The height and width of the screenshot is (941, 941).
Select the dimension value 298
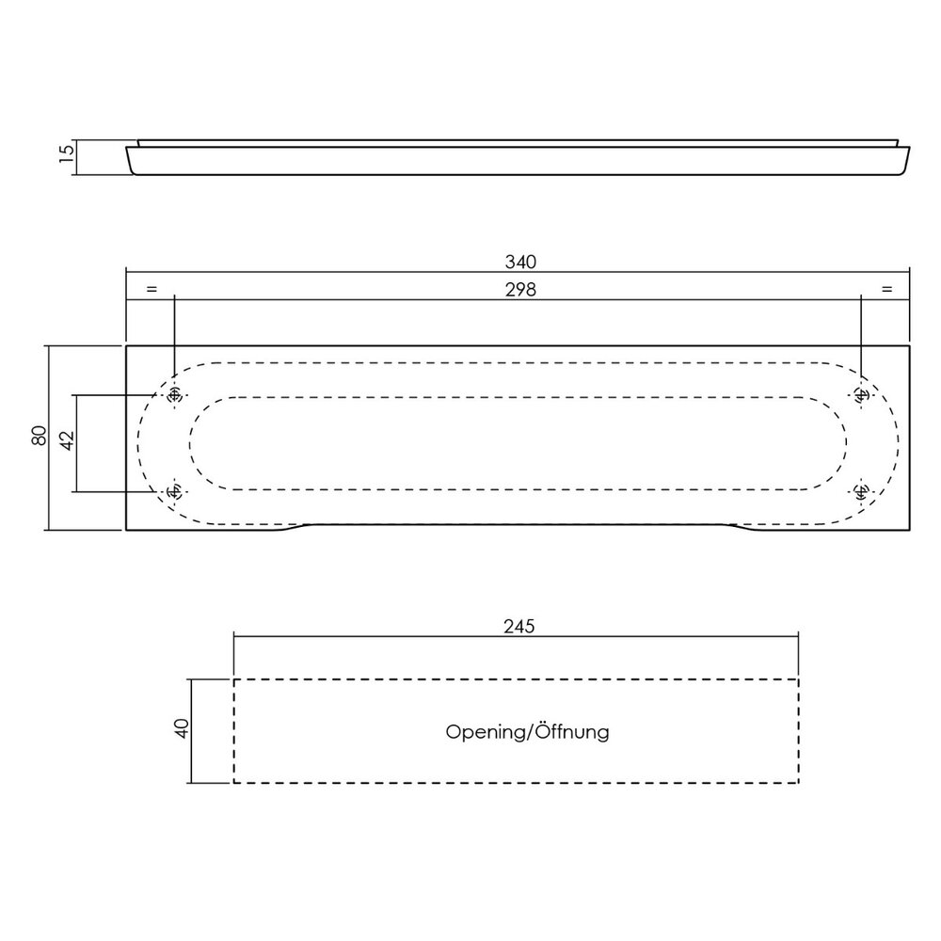pos(520,291)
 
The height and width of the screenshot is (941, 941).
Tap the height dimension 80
pos(39,437)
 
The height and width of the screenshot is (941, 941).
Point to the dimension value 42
pos(66,442)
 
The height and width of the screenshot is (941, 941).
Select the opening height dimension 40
pos(182,729)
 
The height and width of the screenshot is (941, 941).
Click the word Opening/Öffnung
pos(527,731)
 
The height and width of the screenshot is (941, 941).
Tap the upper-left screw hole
pos(173,397)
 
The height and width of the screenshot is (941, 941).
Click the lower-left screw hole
pos(173,491)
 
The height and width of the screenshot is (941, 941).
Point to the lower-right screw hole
pos(861,490)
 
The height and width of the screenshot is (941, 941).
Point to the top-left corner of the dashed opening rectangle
pos(234,679)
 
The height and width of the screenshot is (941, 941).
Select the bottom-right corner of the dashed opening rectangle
pos(798,782)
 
